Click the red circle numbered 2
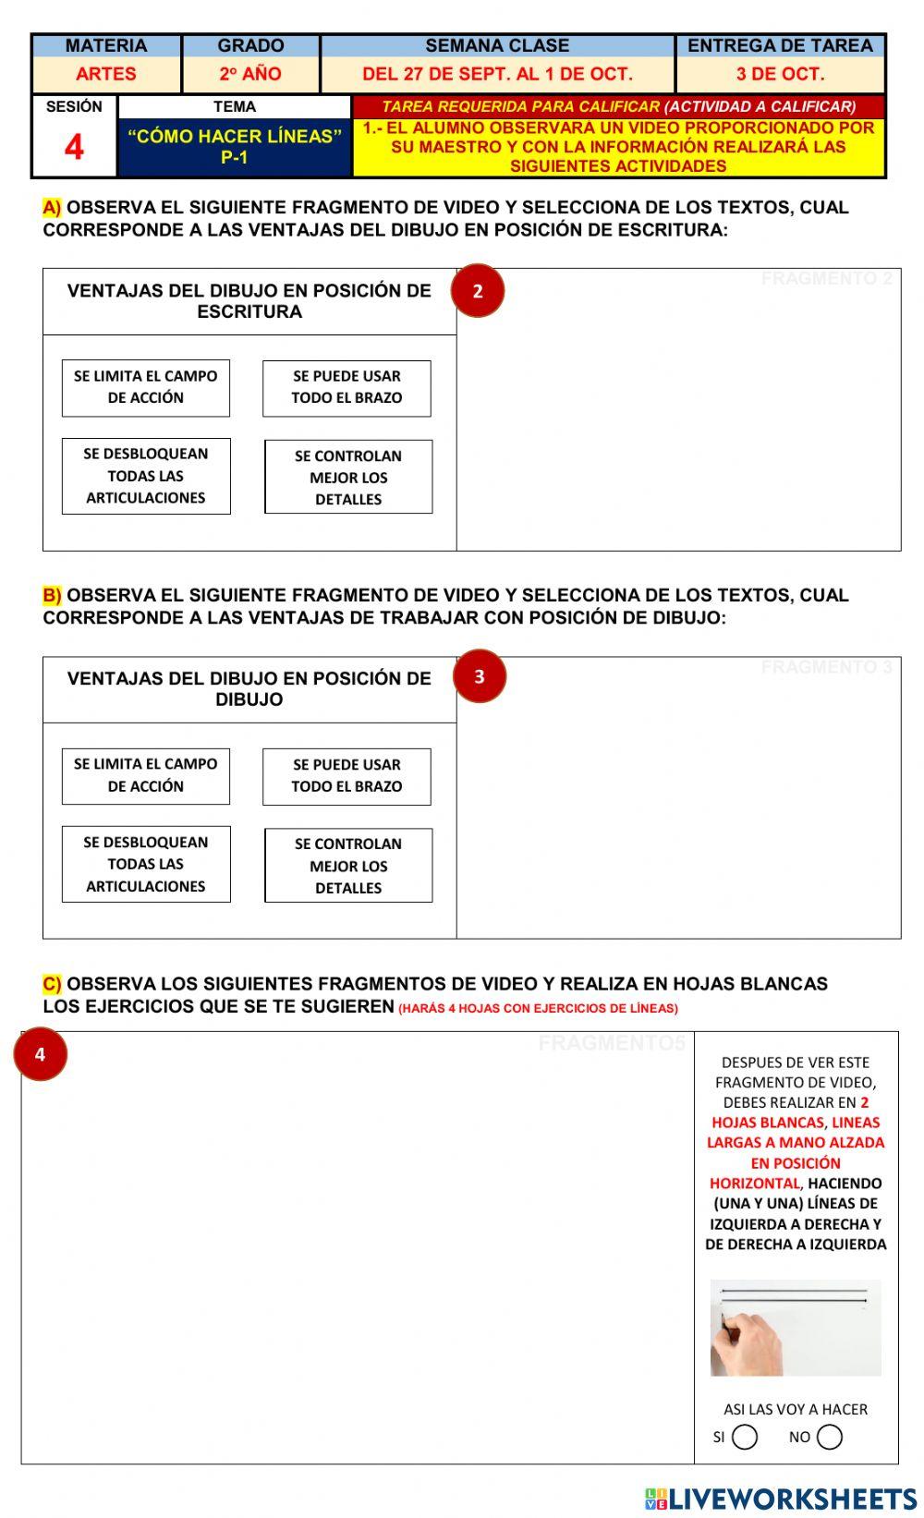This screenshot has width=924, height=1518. click(x=478, y=291)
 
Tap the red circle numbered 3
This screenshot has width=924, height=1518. click(x=480, y=676)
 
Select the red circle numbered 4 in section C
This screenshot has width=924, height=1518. click(x=41, y=1054)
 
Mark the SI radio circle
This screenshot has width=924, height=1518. click(x=745, y=1437)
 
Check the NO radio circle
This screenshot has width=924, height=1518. click(x=830, y=1437)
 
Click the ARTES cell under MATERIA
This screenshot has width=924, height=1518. click(x=106, y=75)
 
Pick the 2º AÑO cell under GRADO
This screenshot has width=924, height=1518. click(x=250, y=75)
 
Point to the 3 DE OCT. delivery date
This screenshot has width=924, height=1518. click(x=780, y=75)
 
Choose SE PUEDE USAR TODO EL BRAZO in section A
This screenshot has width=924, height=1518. click(x=346, y=388)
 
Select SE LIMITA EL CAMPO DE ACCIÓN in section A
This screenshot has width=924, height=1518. click(x=146, y=388)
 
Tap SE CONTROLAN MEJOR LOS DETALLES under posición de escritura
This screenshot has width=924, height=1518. click(x=348, y=477)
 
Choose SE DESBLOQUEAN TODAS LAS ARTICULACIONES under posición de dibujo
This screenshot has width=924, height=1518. click(x=146, y=864)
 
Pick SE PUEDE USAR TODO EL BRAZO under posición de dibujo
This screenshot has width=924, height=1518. click(x=346, y=776)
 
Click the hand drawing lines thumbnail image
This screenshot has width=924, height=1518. click(x=795, y=1328)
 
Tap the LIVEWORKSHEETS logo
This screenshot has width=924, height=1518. click(x=780, y=1499)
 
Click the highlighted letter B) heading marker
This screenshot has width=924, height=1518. click(x=52, y=596)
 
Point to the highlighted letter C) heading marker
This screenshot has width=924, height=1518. click(x=52, y=984)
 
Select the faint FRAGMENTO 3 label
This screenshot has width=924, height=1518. click(x=826, y=667)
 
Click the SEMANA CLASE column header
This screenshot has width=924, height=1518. click(x=497, y=46)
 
